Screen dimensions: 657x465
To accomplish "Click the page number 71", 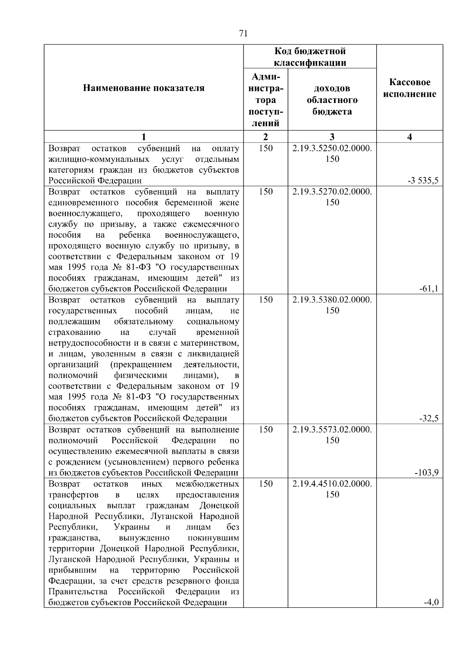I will (x=243, y=34).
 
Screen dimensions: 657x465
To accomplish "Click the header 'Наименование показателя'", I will (x=144, y=88).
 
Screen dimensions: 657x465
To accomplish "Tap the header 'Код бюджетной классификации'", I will (x=310, y=57).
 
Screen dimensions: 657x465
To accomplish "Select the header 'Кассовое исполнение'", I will (x=410, y=88).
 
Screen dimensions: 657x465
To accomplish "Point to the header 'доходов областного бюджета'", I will (x=332, y=100).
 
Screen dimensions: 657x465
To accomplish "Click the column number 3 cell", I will (x=332, y=137).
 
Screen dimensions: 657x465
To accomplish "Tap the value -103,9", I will (x=427, y=472).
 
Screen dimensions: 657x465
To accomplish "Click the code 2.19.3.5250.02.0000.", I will (x=332, y=149).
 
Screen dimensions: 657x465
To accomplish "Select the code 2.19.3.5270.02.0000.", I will (x=332, y=192).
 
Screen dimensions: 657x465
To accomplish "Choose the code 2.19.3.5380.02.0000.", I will (x=332, y=300).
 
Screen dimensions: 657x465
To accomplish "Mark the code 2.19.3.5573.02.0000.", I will (x=332, y=430).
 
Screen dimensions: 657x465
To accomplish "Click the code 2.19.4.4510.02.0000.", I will (x=332, y=484).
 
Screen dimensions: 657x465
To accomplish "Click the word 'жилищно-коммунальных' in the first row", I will (x=99, y=160).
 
